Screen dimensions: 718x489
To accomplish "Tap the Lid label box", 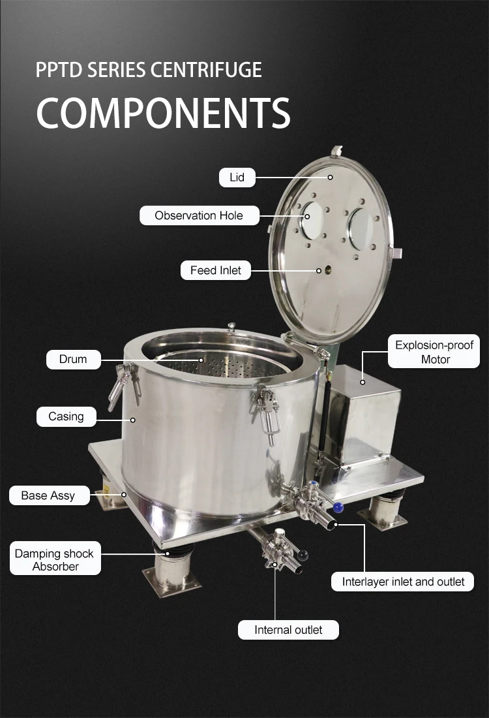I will [237, 177].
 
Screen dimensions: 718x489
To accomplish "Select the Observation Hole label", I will [199, 215].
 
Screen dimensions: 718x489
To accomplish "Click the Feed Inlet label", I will [216, 270].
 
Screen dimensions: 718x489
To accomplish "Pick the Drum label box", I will [73, 359].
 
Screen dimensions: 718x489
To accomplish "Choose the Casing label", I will [66, 416].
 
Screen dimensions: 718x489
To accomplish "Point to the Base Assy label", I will [48, 495].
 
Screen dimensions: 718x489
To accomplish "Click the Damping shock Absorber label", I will [55, 560].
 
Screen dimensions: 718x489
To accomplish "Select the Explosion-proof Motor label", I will [435, 352].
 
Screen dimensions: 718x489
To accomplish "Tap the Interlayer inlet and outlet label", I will [403, 582].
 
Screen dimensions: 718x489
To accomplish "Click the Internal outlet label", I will [288, 630].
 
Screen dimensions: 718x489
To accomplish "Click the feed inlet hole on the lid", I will [319, 270].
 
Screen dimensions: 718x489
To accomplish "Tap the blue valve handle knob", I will [337, 507].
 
